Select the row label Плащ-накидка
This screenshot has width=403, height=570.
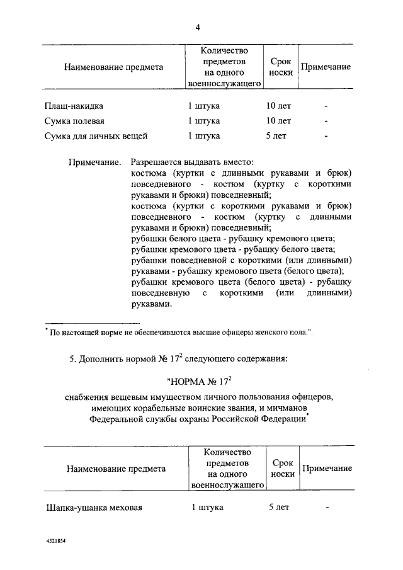pyautogui.click(x=69, y=106)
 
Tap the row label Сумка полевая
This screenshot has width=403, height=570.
pyautogui.click(x=70, y=121)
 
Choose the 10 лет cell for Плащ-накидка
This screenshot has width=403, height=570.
pyautogui.click(x=278, y=106)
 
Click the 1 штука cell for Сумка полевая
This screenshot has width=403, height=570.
pyautogui.click(x=204, y=121)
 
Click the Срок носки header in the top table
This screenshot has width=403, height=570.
pyautogui.click(x=280, y=67)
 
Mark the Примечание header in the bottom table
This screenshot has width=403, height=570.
pyautogui.click(x=327, y=469)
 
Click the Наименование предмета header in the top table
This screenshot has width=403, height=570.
pyautogui.click(x=113, y=67)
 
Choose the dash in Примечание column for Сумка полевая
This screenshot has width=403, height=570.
pyautogui.click(x=326, y=121)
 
